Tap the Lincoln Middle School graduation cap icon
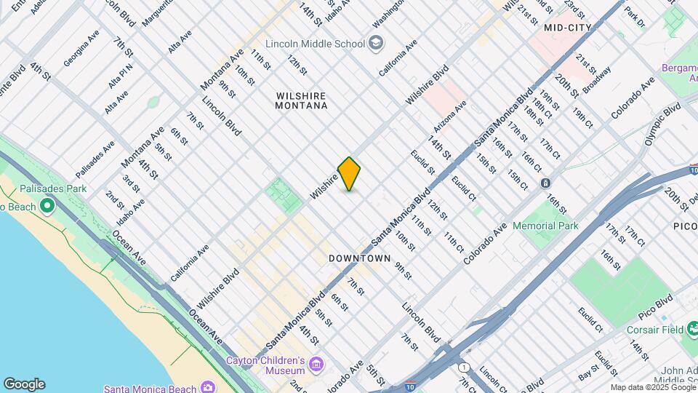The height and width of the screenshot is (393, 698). pos(376,43)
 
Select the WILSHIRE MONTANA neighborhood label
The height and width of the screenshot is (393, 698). pos(301,100)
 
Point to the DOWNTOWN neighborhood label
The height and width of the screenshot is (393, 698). pos(359,258)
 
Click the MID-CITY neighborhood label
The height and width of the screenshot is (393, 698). pos(568,28)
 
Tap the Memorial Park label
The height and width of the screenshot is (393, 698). pos(545,226)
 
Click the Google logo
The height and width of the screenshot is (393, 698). pos(23,384)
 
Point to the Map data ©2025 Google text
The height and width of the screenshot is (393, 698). pos(652,387)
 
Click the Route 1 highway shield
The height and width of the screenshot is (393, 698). pos(464,366)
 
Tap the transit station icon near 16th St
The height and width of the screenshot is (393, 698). pos(545,183)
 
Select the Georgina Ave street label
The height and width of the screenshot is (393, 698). pos(81,49)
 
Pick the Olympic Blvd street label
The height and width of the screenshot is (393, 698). pos(662,124)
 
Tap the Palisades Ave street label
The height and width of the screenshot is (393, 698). pos(95,159)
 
